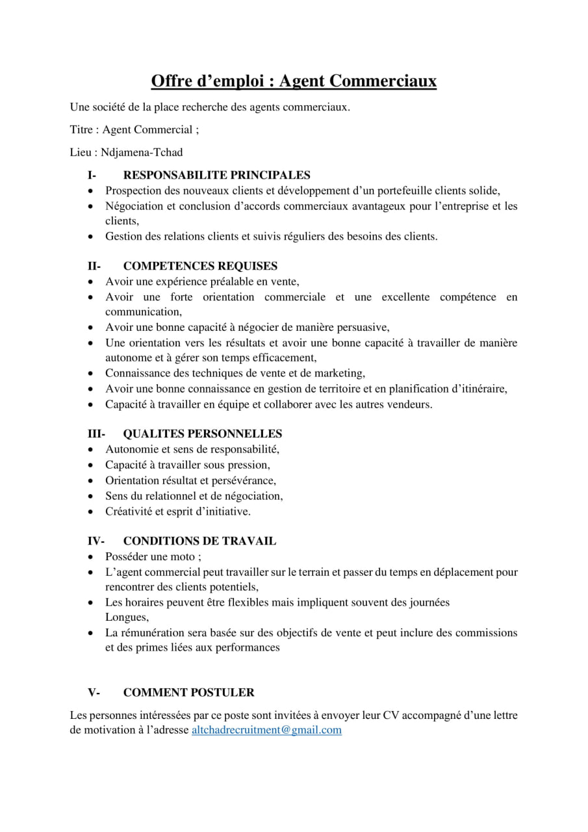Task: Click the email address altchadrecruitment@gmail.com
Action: coord(266,730)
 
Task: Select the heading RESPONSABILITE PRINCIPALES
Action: coord(216,175)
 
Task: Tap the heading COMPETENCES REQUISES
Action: coord(200,266)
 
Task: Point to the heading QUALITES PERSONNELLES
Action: coord(202,434)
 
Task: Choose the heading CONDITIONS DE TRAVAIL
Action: coord(199,541)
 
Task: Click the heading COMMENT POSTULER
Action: coord(188,692)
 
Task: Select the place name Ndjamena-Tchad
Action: coord(142,152)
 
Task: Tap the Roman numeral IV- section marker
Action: coord(97,541)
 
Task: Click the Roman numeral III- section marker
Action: coord(97,434)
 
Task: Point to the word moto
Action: coord(183,557)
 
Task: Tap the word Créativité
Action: coord(129,512)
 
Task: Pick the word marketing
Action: coord(339,373)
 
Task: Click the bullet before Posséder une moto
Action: coord(90,558)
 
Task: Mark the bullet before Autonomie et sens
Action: coord(90,450)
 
